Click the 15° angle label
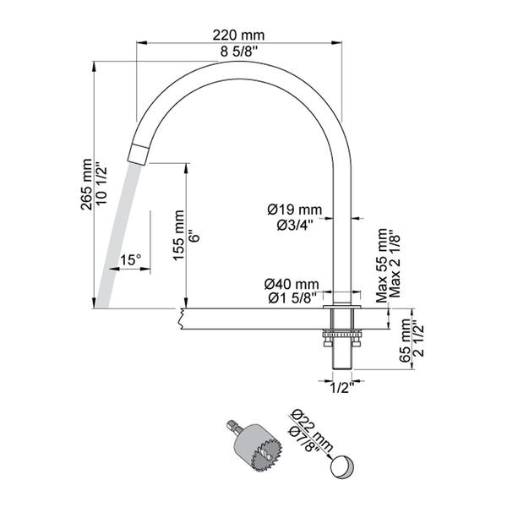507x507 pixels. point(129,260)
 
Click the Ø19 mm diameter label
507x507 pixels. point(292,209)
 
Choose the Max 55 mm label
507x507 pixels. point(382,264)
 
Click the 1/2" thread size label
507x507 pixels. point(341,389)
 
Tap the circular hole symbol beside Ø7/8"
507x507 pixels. point(342,466)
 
